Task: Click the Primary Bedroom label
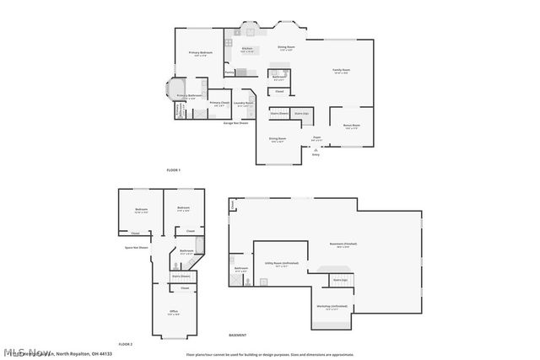click(x=200, y=54)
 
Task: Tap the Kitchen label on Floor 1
click(x=247, y=49)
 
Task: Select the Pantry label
click(x=229, y=73)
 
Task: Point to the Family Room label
click(x=341, y=71)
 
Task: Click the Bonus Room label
click(x=351, y=126)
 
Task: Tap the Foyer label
click(x=316, y=137)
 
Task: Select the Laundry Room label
click(x=244, y=104)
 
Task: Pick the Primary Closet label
click(x=219, y=104)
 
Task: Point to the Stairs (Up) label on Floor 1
click(x=300, y=112)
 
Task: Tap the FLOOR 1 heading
click(x=173, y=171)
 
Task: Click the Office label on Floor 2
click(x=174, y=312)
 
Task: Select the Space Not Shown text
click(x=137, y=248)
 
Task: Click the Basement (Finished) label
click(x=343, y=244)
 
